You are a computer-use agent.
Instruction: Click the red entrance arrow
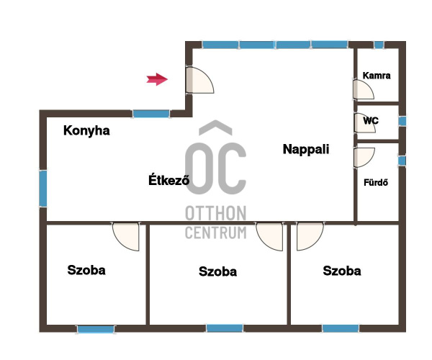pyautogui.click(x=157, y=79)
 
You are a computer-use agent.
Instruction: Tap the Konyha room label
pyautogui.click(x=86, y=130)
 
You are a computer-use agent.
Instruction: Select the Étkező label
pyautogui.click(x=169, y=180)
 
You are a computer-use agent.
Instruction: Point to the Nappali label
pyautogui.click(x=306, y=149)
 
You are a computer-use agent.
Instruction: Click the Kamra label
pyautogui.click(x=377, y=76)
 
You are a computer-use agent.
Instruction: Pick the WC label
pyautogui.click(x=371, y=121)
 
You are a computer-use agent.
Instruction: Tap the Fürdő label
pyautogui.click(x=376, y=182)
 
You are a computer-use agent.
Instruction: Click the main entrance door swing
pyautogui.click(x=199, y=80)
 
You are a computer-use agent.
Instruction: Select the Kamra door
pyautogui.click(x=364, y=89)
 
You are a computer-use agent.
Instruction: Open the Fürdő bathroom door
pyautogui.click(x=364, y=157)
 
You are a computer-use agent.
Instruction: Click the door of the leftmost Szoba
pyautogui.click(x=126, y=237)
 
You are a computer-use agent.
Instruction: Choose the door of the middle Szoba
pyautogui.click(x=269, y=237)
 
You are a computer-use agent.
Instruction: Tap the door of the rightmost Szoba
pyautogui.click(x=310, y=237)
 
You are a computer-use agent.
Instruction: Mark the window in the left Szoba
pyautogui.click(x=96, y=330)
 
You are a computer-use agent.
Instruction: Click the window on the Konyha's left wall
pyautogui.click(x=43, y=189)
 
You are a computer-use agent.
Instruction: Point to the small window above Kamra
pyautogui.click(x=379, y=45)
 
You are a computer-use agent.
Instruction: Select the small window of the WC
pyautogui.click(x=402, y=121)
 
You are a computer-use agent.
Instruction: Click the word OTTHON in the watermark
pyautogui.click(x=216, y=213)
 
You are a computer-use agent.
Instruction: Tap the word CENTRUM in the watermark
pyautogui.click(x=216, y=233)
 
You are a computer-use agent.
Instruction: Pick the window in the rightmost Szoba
pyautogui.click(x=341, y=328)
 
